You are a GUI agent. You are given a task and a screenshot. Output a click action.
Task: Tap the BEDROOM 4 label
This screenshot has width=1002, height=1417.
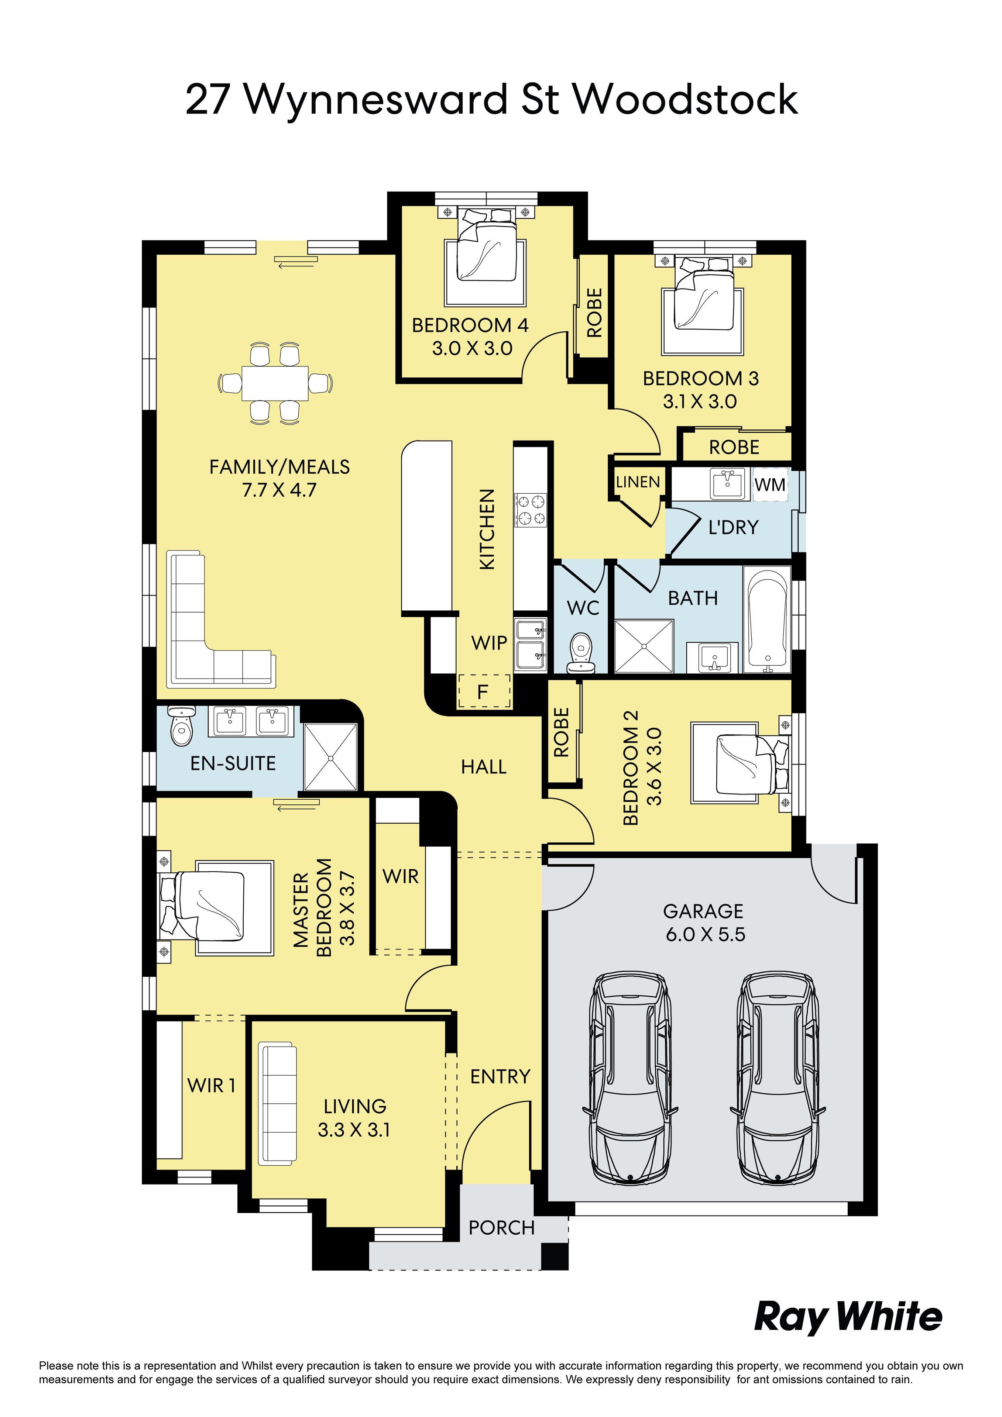click(470, 325)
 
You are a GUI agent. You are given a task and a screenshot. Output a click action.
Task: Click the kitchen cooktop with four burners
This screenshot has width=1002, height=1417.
click(531, 510)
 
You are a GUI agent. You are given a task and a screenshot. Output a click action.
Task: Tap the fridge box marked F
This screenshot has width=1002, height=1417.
click(483, 691)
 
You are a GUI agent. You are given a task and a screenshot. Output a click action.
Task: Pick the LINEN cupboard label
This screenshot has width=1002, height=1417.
click(638, 482)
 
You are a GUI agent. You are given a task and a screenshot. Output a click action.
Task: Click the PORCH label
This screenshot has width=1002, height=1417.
click(501, 1228)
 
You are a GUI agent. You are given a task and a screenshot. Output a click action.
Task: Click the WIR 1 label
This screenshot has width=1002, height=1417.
click(211, 1085)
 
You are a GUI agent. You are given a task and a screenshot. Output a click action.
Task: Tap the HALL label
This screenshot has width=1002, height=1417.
click(483, 767)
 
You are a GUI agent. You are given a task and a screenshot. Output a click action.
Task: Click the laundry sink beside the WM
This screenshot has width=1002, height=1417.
click(728, 483)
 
